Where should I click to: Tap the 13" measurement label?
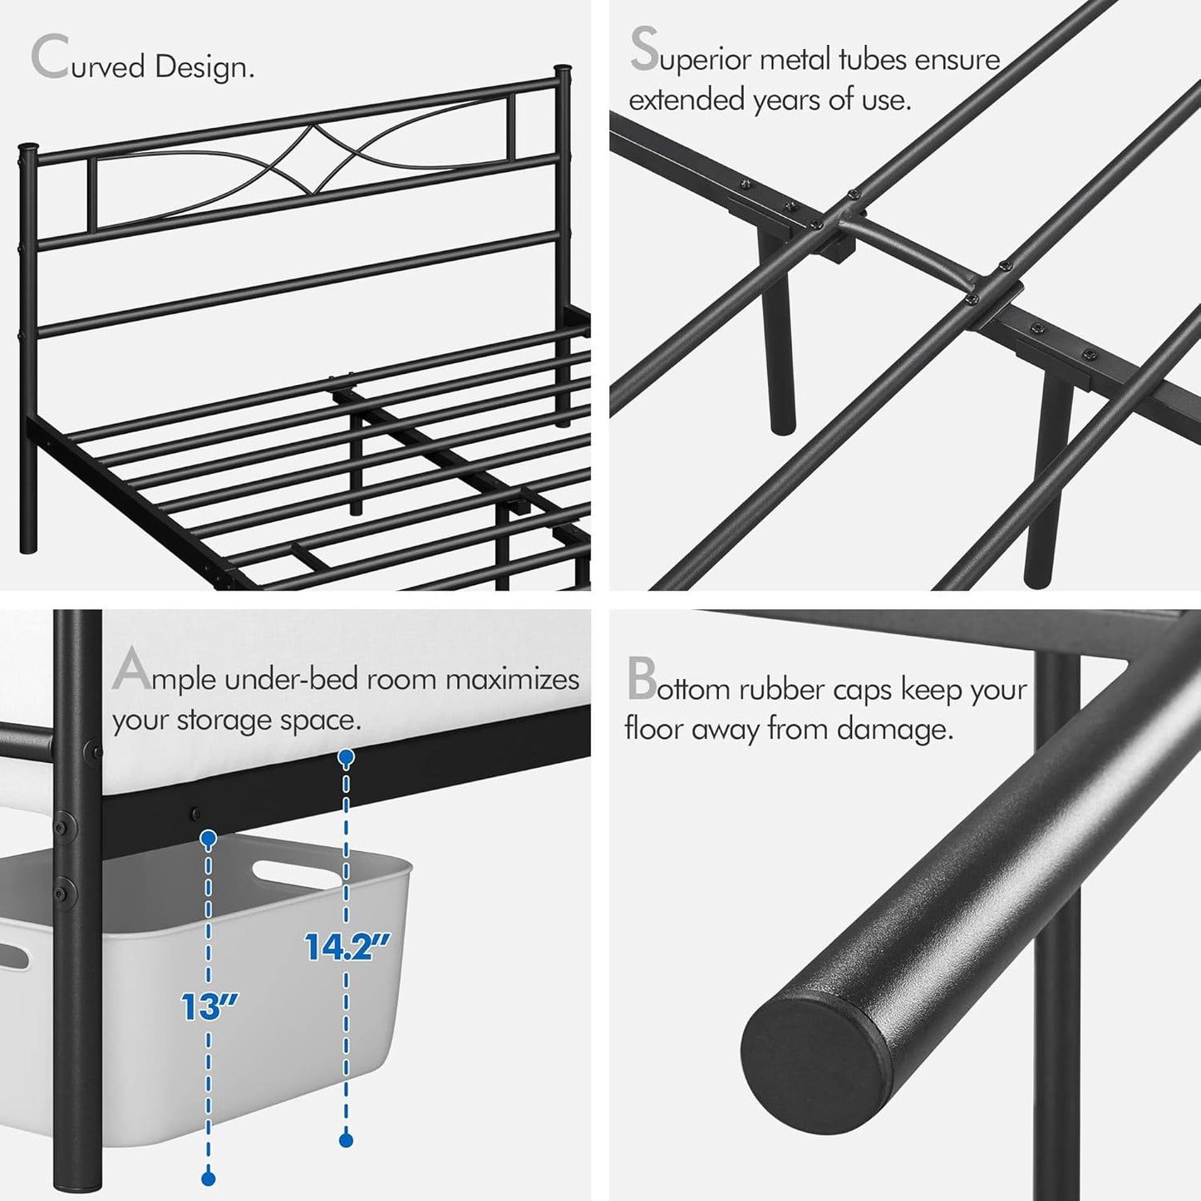209,1007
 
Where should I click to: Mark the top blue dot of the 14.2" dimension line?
346,756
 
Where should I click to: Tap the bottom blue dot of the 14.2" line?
347,1140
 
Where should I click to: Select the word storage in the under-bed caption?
234,721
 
